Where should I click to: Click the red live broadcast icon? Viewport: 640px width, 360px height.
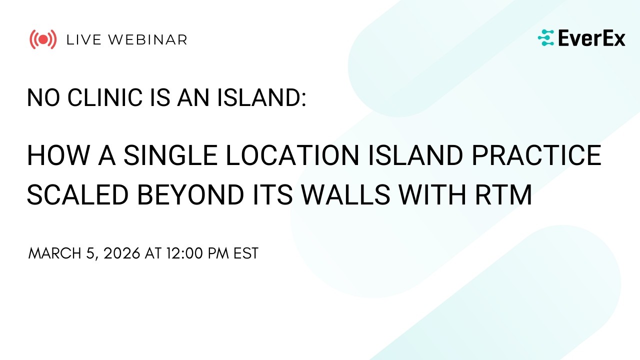[42, 39]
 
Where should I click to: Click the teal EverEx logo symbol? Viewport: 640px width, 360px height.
[546, 38]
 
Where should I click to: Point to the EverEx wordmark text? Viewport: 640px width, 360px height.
[591, 38]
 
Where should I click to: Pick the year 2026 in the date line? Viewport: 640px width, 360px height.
[122, 253]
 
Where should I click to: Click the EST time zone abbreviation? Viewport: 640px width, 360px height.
[246, 253]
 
